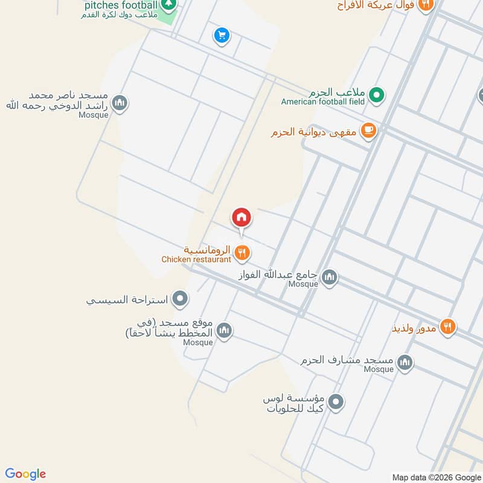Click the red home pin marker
[x=241, y=217]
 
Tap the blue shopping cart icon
[x=222, y=36]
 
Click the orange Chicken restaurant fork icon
[x=242, y=254]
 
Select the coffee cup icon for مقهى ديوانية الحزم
[x=368, y=130]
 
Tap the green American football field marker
[x=377, y=95]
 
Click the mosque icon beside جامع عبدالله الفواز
[x=329, y=278]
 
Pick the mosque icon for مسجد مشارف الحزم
[x=405, y=362]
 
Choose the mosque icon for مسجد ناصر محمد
[x=120, y=103]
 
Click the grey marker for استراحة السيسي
[x=180, y=298]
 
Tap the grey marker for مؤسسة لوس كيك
[x=336, y=401]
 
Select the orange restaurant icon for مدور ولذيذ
[x=447, y=327]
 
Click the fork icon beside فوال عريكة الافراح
[x=426, y=4]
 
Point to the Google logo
[x=25, y=474]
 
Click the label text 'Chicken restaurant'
[x=196, y=260]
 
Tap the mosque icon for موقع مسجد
[x=224, y=330]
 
